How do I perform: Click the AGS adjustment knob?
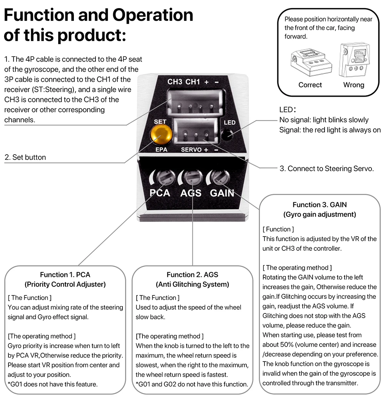click(192, 177)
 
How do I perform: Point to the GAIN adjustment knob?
click(218, 177)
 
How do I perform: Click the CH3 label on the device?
click(175, 82)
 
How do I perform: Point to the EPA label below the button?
click(161, 150)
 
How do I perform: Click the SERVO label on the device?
click(191, 150)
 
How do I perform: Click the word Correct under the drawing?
click(310, 85)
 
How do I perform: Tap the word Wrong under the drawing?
click(353, 85)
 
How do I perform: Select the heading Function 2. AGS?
click(192, 275)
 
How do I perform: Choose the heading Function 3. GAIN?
click(320, 205)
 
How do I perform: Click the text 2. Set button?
click(25, 157)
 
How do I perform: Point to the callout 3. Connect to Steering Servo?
click(326, 168)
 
